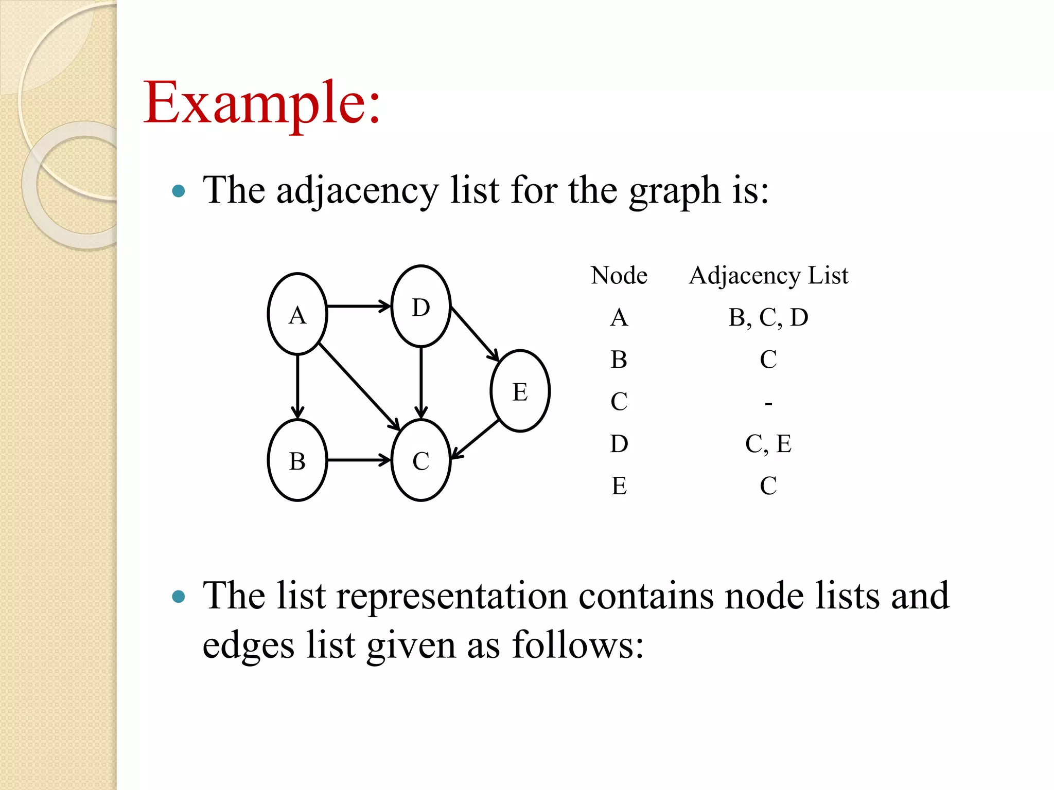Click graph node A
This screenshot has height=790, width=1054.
click(x=297, y=314)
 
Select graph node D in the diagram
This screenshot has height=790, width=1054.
click(x=421, y=307)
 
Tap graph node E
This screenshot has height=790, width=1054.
click(x=520, y=391)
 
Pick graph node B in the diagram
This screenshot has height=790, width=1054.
click(x=297, y=460)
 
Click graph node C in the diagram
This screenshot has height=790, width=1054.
click(x=421, y=460)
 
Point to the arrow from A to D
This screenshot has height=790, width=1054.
click(x=359, y=307)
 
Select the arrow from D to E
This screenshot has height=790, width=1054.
click(x=475, y=334)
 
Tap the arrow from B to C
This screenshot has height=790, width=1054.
click(x=359, y=460)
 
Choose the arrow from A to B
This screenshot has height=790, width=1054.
click(x=297, y=386)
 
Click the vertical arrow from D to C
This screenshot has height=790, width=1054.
click(x=421, y=383)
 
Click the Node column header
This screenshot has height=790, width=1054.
click(x=619, y=275)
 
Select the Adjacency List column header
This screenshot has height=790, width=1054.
click(x=768, y=276)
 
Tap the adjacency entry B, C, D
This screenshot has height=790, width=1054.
click(x=768, y=317)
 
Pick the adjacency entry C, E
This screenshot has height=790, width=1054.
click(x=768, y=444)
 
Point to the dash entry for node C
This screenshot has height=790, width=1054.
click(x=768, y=403)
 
